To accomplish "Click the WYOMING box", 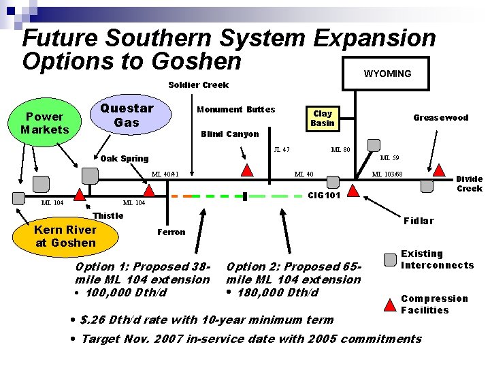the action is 387,74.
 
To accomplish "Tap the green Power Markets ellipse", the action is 45,123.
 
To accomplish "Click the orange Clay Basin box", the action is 323,119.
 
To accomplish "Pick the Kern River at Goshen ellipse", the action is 65,236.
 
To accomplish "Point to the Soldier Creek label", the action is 198,85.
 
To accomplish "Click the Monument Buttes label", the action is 235,109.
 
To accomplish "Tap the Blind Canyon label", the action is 230,134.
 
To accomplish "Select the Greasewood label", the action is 441,118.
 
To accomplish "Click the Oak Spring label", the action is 124,159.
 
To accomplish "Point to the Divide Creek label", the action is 469,183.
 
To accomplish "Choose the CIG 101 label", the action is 325,196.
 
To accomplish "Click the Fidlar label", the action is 418,221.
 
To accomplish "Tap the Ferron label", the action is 171,232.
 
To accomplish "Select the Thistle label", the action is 108,216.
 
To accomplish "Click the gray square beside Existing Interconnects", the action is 390,260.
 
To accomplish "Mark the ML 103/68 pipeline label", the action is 387,174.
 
